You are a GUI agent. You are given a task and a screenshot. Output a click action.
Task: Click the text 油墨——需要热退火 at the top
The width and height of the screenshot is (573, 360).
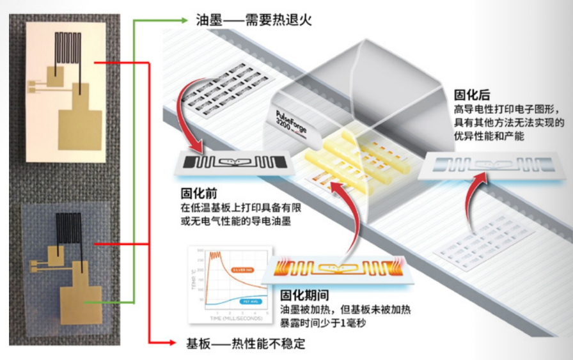240,19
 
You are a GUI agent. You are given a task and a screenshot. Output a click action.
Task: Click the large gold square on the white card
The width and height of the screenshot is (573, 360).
80,130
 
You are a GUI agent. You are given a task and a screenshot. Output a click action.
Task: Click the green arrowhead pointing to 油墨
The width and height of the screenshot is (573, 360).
187,19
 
